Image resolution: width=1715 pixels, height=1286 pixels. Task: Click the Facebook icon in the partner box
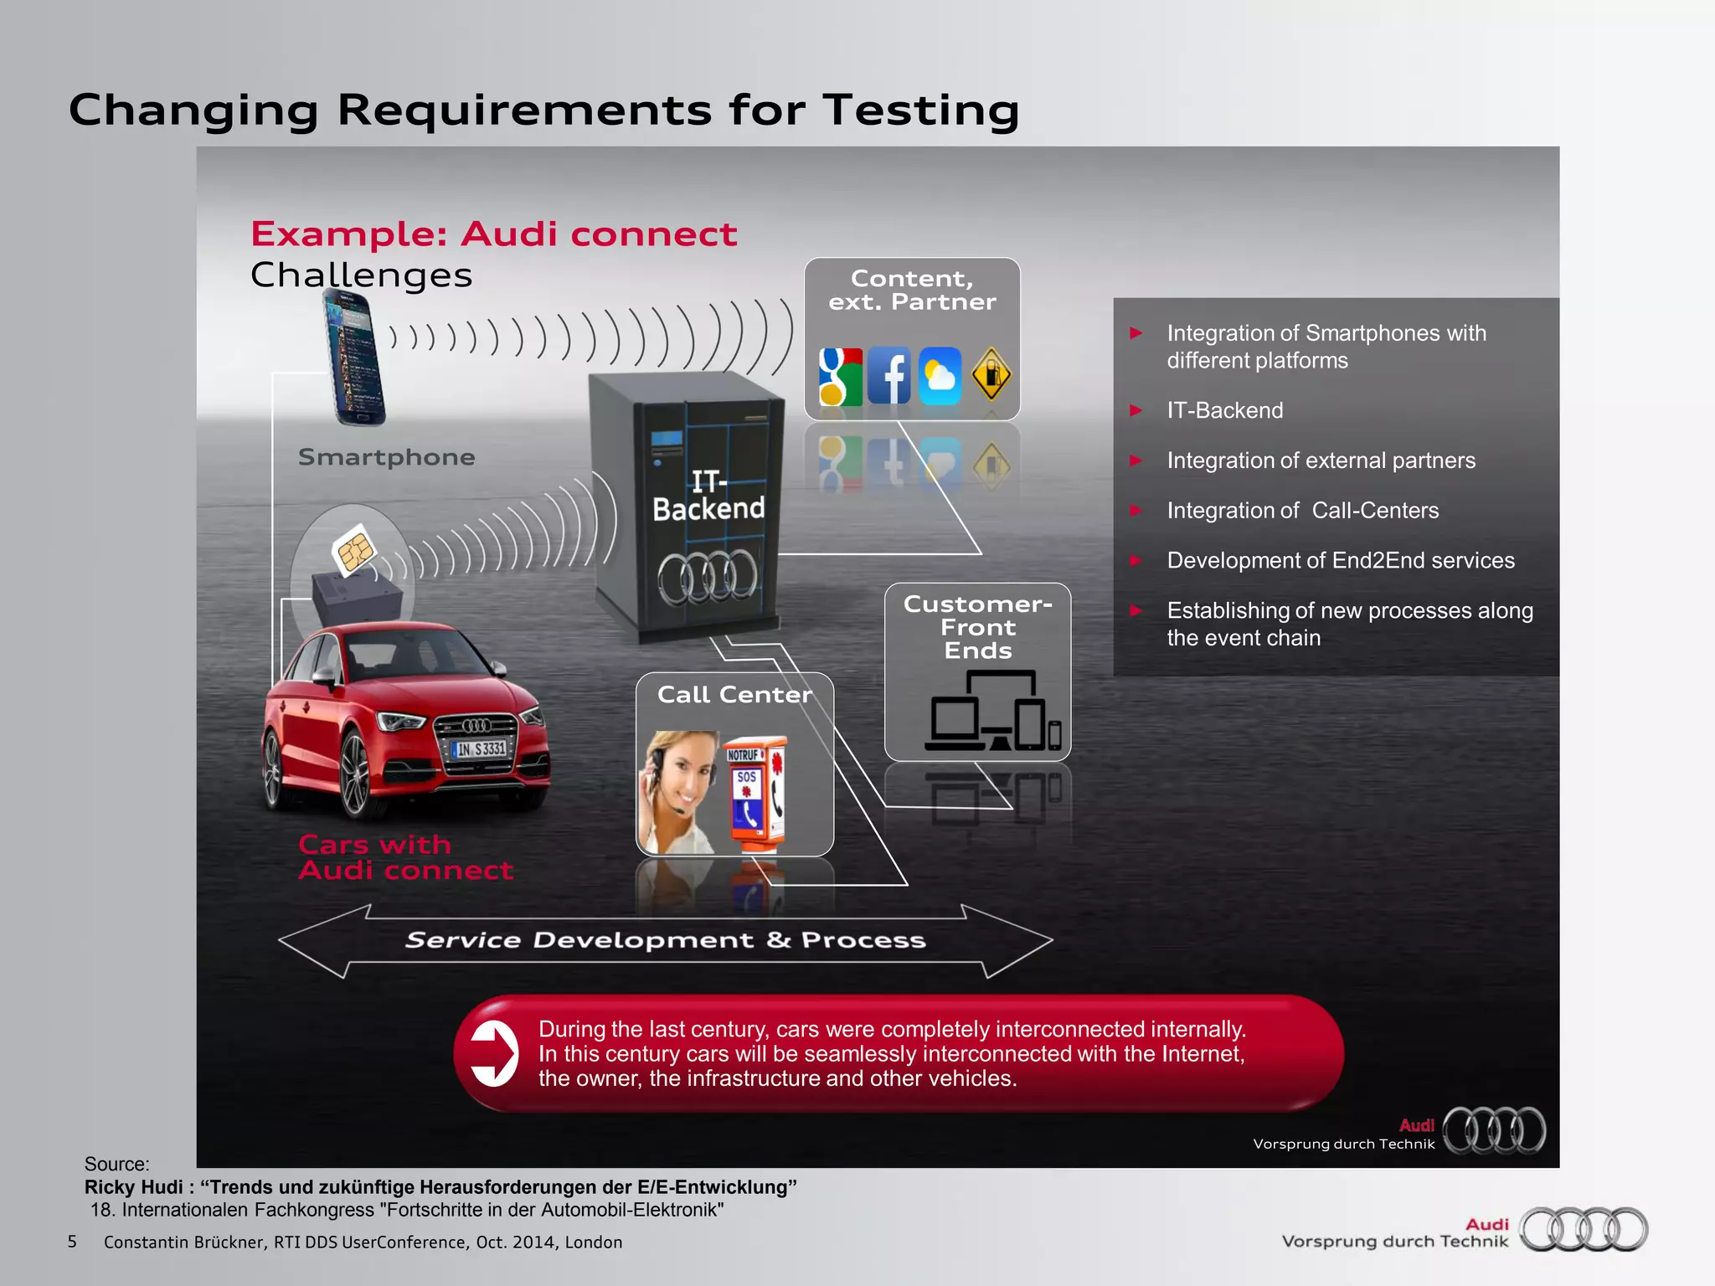pyautogui.click(x=889, y=376)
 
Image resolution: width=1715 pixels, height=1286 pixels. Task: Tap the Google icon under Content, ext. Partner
pyautogui.click(x=840, y=376)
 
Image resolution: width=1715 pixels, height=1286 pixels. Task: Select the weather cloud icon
pyautogui.click(x=940, y=376)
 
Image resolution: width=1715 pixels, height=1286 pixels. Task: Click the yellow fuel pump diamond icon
pyautogui.click(x=991, y=374)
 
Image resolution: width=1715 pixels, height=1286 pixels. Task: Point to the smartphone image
pyautogui.click(x=355, y=358)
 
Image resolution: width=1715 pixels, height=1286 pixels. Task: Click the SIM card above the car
pyautogui.click(x=354, y=549)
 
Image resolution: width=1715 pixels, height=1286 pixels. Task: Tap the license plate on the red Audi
pyautogui.click(x=481, y=748)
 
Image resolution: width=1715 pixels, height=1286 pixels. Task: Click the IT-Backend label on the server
pyautogui.click(x=708, y=496)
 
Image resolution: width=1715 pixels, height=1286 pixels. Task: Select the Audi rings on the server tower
pyautogui.click(x=708, y=577)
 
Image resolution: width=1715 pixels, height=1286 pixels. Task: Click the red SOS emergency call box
pyautogui.click(x=754, y=792)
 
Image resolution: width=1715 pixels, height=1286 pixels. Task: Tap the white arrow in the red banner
pyautogui.click(x=494, y=1053)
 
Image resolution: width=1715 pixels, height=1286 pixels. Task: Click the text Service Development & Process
pyautogui.click(x=665, y=940)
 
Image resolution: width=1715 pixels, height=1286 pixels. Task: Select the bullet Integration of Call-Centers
pyautogui.click(x=1302, y=511)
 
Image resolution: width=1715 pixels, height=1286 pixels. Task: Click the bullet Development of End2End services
pyautogui.click(x=1340, y=561)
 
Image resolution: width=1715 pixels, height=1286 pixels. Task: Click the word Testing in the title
pyautogui.click(x=920, y=111)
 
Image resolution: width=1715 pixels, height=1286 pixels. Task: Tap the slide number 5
pyautogui.click(x=72, y=1242)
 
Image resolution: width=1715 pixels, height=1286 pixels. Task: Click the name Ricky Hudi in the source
pyautogui.click(x=134, y=1187)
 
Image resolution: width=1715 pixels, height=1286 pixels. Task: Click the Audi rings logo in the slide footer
pyautogui.click(x=1584, y=1229)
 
